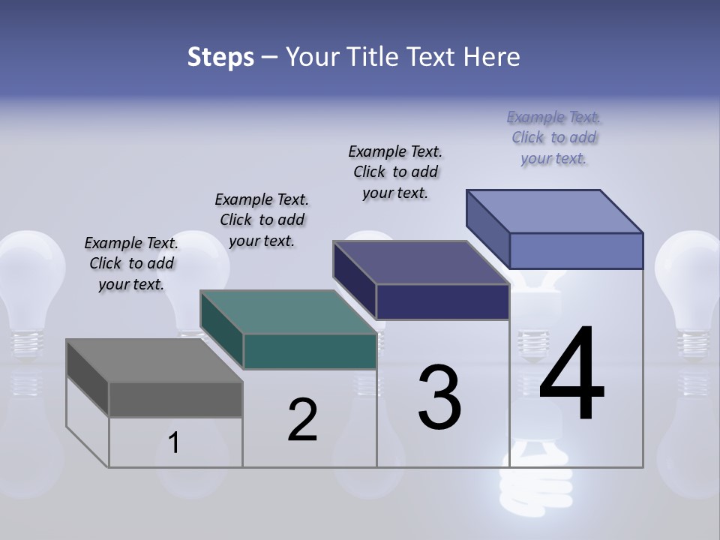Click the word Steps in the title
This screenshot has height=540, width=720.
click(x=220, y=57)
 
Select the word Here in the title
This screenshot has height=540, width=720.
click(x=490, y=57)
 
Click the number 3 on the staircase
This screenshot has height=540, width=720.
click(x=439, y=397)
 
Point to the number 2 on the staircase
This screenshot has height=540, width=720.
click(x=302, y=419)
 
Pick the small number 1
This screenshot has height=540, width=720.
click(x=174, y=443)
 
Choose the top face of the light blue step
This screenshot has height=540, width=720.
click(x=555, y=211)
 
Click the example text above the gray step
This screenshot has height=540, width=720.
click(x=131, y=263)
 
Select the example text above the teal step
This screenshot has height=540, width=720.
click(x=262, y=220)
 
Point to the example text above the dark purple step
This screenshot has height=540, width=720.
click(x=395, y=172)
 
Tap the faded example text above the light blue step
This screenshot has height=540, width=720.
click(x=553, y=137)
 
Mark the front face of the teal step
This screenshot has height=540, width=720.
click(x=310, y=351)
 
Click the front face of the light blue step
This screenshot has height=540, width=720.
click(x=576, y=250)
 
